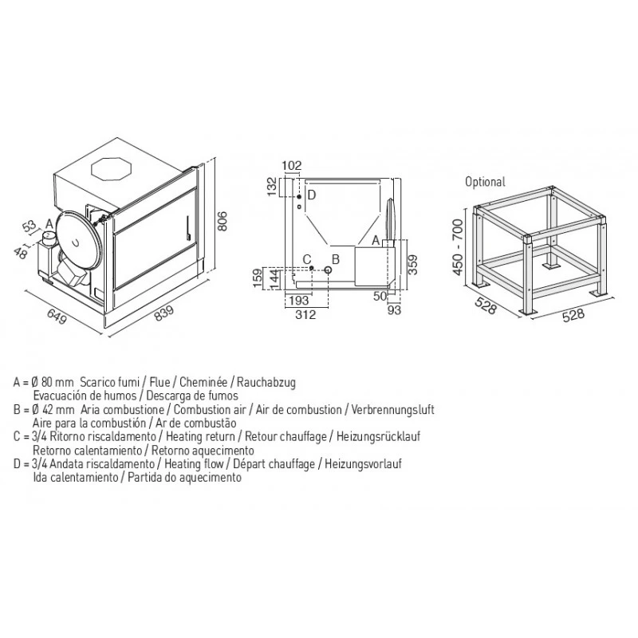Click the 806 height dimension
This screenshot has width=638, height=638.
(x=223, y=221)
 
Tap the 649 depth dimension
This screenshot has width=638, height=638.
(x=57, y=316)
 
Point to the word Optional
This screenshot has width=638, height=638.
(x=485, y=182)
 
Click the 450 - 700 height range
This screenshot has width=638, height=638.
(x=458, y=247)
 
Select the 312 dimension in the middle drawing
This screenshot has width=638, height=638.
(x=305, y=314)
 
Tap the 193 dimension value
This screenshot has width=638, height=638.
(x=298, y=301)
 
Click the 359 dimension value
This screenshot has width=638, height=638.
(x=412, y=266)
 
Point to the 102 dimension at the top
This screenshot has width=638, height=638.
(x=292, y=166)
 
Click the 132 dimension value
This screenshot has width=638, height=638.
(x=272, y=187)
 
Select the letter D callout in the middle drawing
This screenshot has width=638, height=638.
(x=312, y=195)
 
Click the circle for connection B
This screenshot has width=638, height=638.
(x=328, y=270)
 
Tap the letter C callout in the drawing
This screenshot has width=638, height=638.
(x=307, y=259)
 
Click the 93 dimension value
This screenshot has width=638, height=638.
(x=394, y=310)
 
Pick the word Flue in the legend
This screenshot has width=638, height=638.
(x=160, y=383)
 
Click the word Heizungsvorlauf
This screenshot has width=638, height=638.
(x=363, y=464)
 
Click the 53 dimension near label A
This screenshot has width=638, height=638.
(x=30, y=226)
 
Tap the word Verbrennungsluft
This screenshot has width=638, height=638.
(x=393, y=409)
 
